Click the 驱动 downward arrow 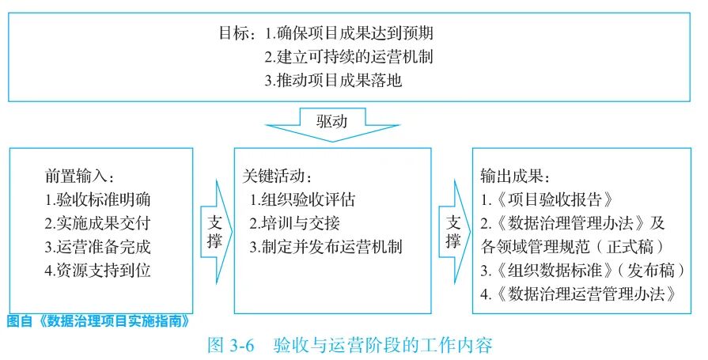pos(331,124)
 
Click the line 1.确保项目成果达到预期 pos(349,34)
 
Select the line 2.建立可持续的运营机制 pos(349,57)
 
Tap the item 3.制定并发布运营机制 pos(325,246)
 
